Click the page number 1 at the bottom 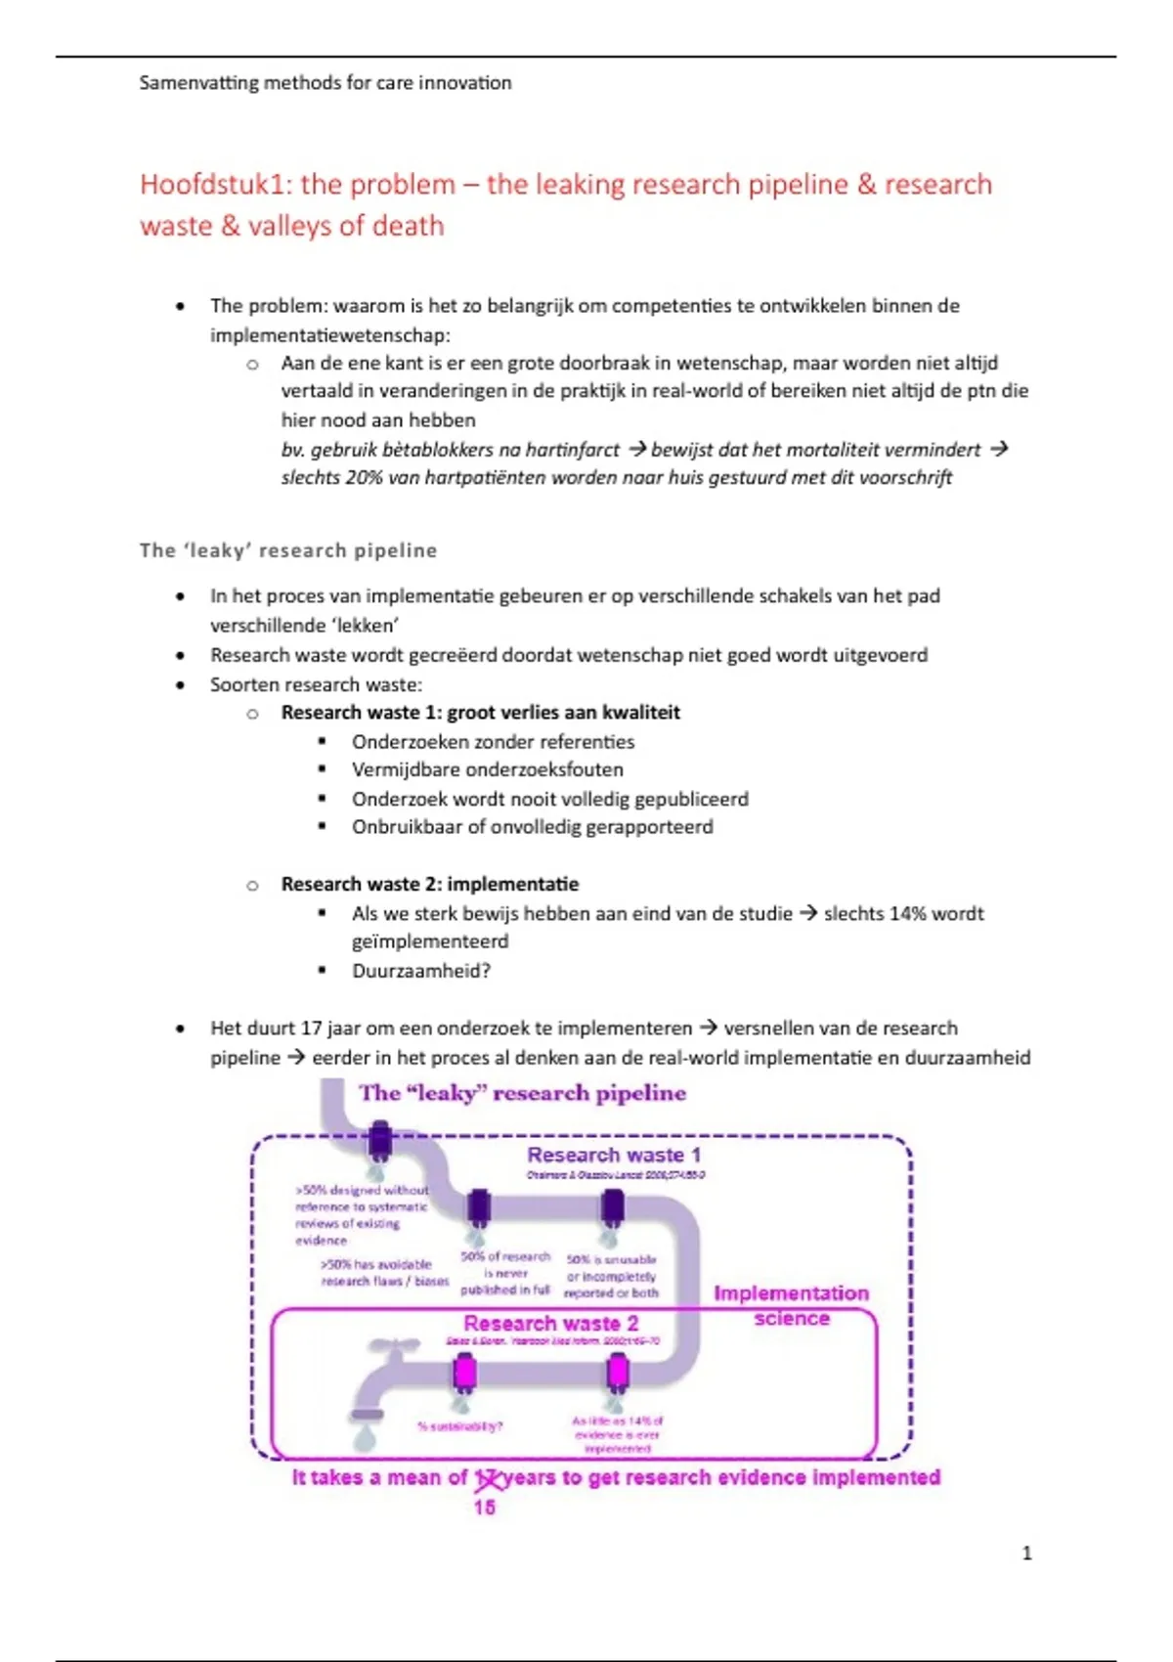tap(1026, 1553)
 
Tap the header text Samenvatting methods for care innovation tap(326, 83)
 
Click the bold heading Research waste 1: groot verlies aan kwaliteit tap(480, 713)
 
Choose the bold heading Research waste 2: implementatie tap(429, 885)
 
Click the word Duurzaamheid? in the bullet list tap(421, 971)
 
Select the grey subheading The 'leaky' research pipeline tap(288, 550)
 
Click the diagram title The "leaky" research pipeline tap(522, 1093)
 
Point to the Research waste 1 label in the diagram tap(614, 1156)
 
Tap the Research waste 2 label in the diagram tap(550, 1324)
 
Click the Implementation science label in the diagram tap(791, 1305)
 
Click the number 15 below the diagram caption tap(484, 1508)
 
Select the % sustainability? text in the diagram tap(459, 1426)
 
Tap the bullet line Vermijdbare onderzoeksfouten tap(487, 770)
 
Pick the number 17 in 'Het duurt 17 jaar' tap(311, 1028)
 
